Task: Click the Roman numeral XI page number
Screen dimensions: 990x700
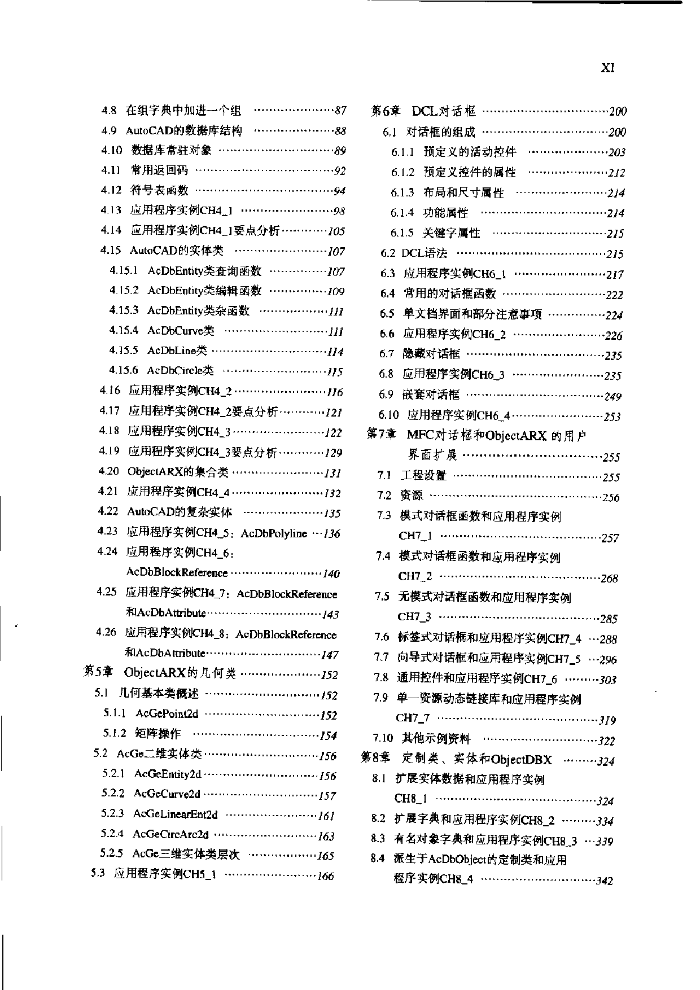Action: point(607,68)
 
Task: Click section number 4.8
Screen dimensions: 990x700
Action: point(109,111)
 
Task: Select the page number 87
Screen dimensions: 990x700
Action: point(340,111)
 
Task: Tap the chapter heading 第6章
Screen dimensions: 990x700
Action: point(386,111)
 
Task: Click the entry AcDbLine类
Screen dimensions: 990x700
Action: point(177,351)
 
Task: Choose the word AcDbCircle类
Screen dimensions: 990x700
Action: point(180,371)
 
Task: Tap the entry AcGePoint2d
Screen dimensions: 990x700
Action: point(167,714)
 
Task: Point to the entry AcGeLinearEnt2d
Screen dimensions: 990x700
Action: point(175,814)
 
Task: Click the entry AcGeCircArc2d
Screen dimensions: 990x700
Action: point(170,835)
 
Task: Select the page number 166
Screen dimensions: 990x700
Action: point(326,877)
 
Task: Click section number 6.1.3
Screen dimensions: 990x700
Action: point(403,192)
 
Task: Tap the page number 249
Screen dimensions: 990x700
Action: point(613,396)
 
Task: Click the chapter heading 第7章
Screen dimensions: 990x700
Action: point(382,435)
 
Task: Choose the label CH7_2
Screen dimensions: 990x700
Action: point(415,576)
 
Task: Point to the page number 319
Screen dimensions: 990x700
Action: point(607,720)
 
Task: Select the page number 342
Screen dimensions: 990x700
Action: point(604,881)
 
